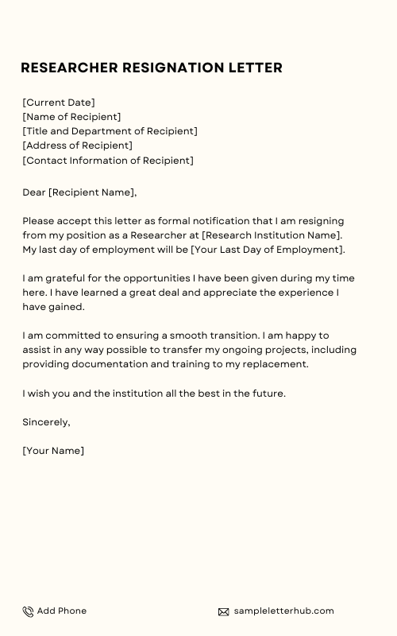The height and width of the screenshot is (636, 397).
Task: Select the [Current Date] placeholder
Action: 59,103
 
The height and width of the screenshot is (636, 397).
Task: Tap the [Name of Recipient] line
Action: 71,117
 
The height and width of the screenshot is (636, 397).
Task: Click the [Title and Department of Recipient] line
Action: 110,131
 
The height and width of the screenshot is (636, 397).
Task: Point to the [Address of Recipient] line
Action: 77,145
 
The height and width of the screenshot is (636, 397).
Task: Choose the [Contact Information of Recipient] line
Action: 108,160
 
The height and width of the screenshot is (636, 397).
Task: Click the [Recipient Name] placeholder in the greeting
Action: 92,192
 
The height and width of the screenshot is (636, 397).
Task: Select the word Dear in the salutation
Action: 34,192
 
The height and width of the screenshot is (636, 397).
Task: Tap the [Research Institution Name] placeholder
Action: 272,235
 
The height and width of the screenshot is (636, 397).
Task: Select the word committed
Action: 64,335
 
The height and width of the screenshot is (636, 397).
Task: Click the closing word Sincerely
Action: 46,422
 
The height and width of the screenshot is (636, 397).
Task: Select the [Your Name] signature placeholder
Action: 53,451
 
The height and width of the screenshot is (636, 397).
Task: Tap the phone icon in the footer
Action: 28,611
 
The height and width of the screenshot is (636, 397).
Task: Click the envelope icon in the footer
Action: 224,611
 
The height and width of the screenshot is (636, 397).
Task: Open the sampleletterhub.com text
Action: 283,611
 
